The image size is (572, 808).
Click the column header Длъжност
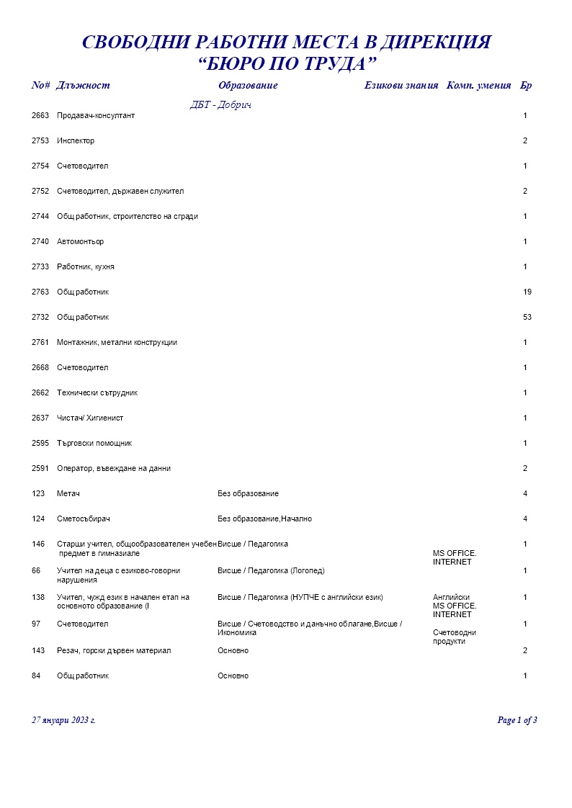(x=83, y=86)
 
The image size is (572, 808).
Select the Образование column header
(x=248, y=86)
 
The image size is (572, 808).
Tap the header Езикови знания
(x=401, y=86)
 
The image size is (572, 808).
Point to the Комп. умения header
(x=479, y=86)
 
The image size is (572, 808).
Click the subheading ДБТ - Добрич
(x=220, y=105)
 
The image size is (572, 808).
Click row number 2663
(x=40, y=116)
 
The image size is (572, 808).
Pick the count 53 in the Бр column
(x=527, y=318)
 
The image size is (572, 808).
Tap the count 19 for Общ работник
(x=527, y=292)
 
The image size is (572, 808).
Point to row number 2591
(x=40, y=469)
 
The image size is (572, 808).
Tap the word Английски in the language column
(x=452, y=598)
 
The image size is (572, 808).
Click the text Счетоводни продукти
(x=454, y=637)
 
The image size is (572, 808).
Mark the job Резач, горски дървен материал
(x=114, y=651)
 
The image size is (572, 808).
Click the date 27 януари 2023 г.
(x=63, y=720)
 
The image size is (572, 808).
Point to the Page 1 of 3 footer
(x=517, y=720)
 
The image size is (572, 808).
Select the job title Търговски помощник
(x=94, y=444)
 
